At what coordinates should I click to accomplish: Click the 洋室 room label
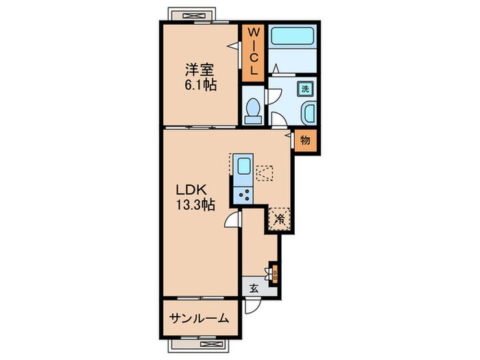coord(200,70)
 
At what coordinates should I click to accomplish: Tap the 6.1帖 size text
coord(200,86)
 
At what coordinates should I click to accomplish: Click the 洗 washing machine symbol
coord(306,88)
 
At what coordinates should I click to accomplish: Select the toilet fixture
coord(252,110)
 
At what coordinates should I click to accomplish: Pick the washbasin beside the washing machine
coord(307,112)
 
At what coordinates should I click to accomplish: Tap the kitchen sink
coord(243,167)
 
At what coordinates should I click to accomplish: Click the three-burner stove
coord(243,193)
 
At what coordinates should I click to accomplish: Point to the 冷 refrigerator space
coord(280,219)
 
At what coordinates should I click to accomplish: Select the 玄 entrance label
coord(253,288)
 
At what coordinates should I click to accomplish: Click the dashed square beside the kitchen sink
coord(265,171)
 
